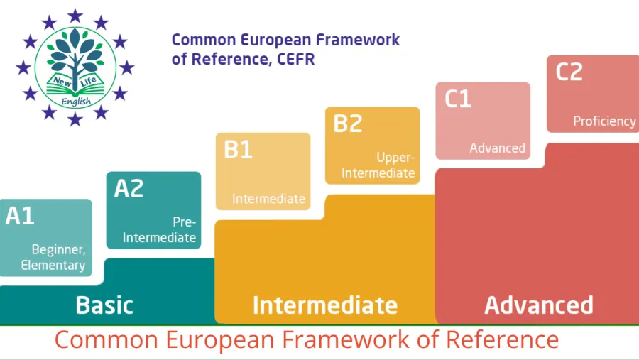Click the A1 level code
pos(20,216)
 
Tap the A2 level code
pos(129,188)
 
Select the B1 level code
pos(238,149)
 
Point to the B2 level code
pos(348,123)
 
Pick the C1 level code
pos(458,99)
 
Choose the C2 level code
pos(569,72)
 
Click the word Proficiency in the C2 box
pos(604,121)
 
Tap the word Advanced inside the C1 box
pos(497,148)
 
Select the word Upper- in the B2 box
pos(395,158)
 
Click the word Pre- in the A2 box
pos(184,222)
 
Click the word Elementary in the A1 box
pos(53,265)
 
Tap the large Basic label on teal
pos(104,305)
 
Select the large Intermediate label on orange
pos(324,305)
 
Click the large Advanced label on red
pos(539,305)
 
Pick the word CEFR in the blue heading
pos(296,59)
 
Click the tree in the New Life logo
pos(75,57)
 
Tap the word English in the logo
pos(76,101)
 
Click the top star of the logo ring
pos(75,16)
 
